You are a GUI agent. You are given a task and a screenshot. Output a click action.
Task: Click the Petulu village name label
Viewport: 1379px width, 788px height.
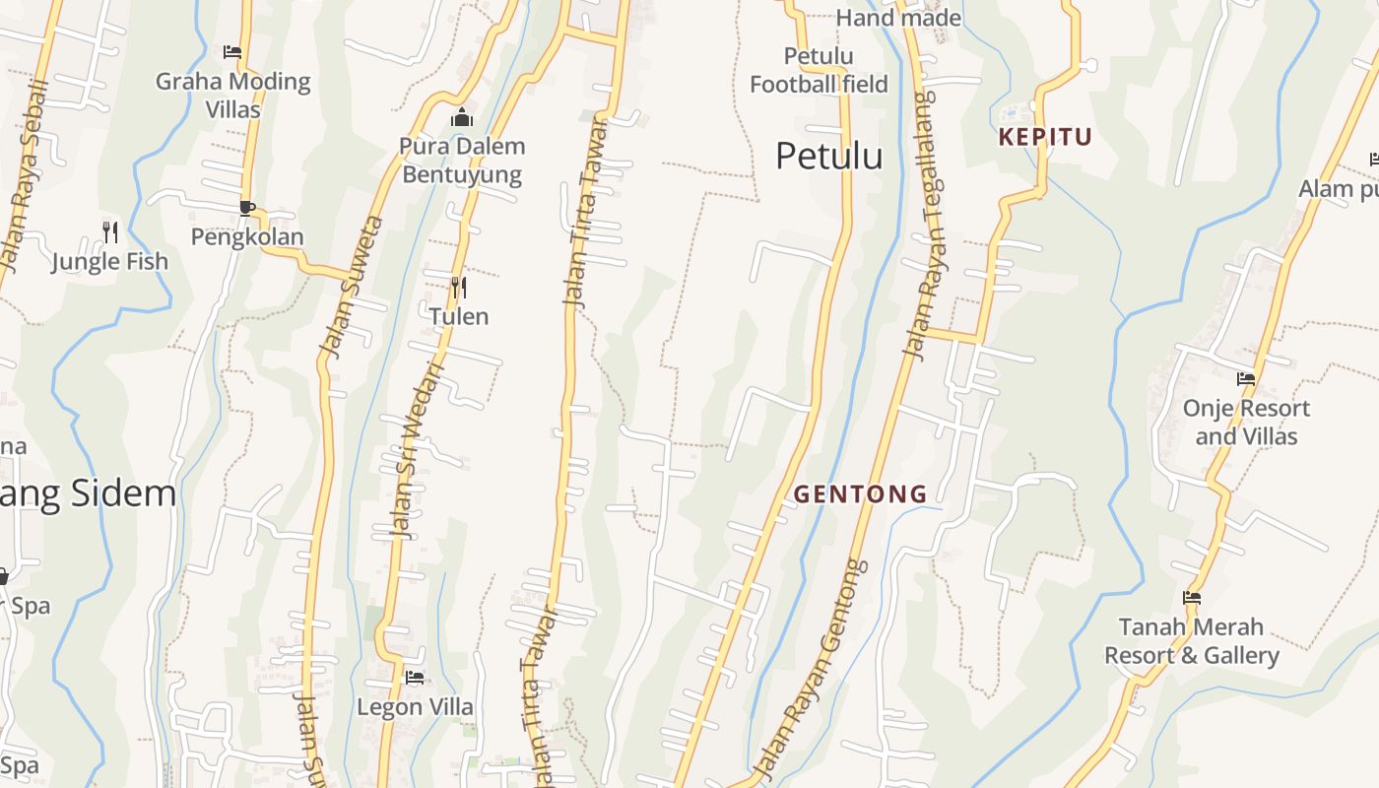click(x=828, y=156)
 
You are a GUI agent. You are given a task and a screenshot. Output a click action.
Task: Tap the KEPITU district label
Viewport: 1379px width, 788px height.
click(x=1045, y=137)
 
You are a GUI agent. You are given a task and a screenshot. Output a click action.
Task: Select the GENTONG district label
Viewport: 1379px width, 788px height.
click(x=861, y=493)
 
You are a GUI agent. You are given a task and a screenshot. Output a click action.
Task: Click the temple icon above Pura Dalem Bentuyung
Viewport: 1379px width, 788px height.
click(x=461, y=118)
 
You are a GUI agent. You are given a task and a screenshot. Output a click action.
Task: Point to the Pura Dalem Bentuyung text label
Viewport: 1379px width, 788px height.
click(x=462, y=161)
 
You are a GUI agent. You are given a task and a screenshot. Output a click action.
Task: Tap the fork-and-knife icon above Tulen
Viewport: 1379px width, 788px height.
click(x=458, y=288)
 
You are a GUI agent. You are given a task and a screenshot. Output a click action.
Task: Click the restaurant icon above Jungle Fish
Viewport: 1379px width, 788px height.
click(x=110, y=232)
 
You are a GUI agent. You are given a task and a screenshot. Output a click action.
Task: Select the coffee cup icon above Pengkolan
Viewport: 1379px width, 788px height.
click(x=247, y=208)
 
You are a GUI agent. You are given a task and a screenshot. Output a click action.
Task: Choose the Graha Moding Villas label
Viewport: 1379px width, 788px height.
click(x=233, y=95)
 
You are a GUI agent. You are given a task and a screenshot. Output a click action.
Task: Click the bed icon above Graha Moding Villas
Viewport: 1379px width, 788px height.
click(x=232, y=52)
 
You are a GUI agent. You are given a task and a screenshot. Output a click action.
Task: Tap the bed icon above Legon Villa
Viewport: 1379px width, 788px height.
click(x=415, y=678)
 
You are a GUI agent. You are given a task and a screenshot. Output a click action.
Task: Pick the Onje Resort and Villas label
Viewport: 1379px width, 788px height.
click(x=1246, y=422)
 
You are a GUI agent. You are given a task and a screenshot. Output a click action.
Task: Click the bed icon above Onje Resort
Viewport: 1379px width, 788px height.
click(x=1246, y=379)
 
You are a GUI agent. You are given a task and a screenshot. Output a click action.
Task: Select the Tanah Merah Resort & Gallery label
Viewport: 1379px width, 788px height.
click(x=1191, y=640)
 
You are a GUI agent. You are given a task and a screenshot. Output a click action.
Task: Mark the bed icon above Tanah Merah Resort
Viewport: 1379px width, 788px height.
click(x=1192, y=598)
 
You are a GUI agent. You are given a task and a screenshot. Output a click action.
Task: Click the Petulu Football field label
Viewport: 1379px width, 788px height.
click(x=819, y=70)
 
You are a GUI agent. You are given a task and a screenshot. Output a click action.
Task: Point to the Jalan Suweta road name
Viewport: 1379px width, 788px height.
click(x=338, y=287)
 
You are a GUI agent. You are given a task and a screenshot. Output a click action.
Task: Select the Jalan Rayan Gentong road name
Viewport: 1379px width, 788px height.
click(x=811, y=669)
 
